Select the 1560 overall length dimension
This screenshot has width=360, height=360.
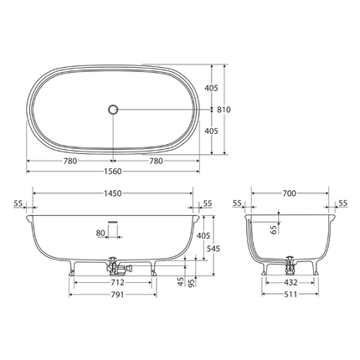113,172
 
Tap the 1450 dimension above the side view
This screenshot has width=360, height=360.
113,193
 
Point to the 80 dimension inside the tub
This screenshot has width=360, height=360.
101,233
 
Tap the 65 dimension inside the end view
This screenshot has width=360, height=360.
274,228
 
